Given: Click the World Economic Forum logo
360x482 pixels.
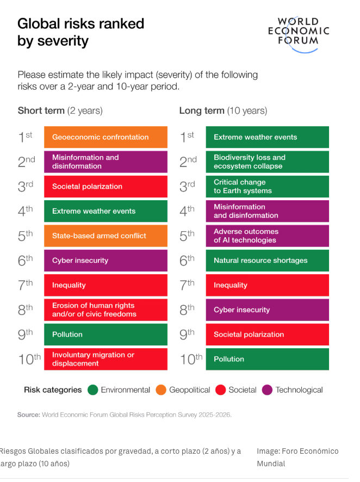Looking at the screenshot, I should [x=298, y=34].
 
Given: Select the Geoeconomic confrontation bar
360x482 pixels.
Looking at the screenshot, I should [x=105, y=137].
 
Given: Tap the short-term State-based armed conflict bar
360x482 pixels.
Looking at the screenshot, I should [x=105, y=236].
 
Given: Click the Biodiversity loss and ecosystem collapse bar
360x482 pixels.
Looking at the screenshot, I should [x=267, y=162].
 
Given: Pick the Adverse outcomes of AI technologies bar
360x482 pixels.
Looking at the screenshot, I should [x=267, y=236].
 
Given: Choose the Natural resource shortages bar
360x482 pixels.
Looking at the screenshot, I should [x=267, y=261].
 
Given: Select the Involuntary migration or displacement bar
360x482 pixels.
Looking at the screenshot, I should [x=105, y=359].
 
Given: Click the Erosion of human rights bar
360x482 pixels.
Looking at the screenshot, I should [x=105, y=310].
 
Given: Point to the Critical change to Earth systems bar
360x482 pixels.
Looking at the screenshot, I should [x=267, y=187].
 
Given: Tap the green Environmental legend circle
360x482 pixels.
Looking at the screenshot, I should [x=92, y=390].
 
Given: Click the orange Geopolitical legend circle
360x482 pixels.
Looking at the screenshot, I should [x=160, y=390].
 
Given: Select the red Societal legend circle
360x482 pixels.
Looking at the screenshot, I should [x=220, y=390].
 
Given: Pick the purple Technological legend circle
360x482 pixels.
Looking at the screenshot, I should [x=267, y=390].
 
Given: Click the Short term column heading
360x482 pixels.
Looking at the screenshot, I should [x=60, y=110].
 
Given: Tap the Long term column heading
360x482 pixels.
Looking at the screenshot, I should [x=223, y=110].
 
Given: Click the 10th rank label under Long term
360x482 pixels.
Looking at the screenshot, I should [x=191, y=359].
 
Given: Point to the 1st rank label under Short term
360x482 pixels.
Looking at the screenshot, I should [x=25, y=137].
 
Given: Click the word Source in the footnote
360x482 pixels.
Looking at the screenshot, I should [x=28, y=415].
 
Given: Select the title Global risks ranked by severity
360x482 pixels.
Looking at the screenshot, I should [x=80, y=32].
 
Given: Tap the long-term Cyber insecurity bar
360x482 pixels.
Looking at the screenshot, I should [x=267, y=310].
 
